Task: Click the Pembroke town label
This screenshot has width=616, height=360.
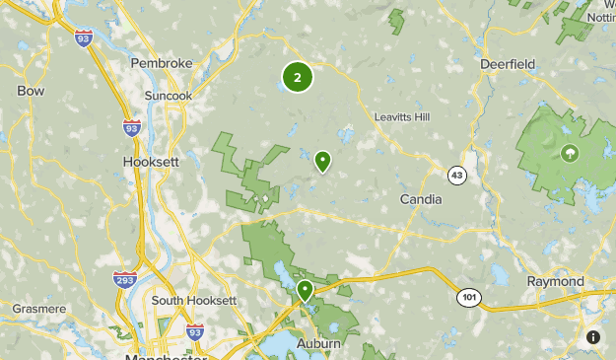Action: click(x=162, y=63)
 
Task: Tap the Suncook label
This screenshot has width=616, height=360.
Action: click(x=167, y=96)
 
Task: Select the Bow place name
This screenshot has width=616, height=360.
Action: click(x=31, y=91)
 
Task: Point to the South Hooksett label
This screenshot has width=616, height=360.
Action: click(x=194, y=300)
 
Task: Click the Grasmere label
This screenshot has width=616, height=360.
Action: click(x=38, y=309)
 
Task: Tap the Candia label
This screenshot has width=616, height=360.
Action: click(x=421, y=199)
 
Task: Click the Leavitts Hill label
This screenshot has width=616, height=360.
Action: click(x=403, y=116)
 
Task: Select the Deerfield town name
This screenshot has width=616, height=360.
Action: click(x=508, y=64)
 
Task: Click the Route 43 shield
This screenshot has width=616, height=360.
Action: click(x=455, y=175)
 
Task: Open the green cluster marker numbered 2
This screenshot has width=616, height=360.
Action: click(x=298, y=77)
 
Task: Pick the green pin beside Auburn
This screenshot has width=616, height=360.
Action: click(x=306, y=290)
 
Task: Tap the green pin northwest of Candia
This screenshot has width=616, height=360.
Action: click(x=322, y=161)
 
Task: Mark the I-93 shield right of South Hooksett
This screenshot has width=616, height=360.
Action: click(x=195, y=331)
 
